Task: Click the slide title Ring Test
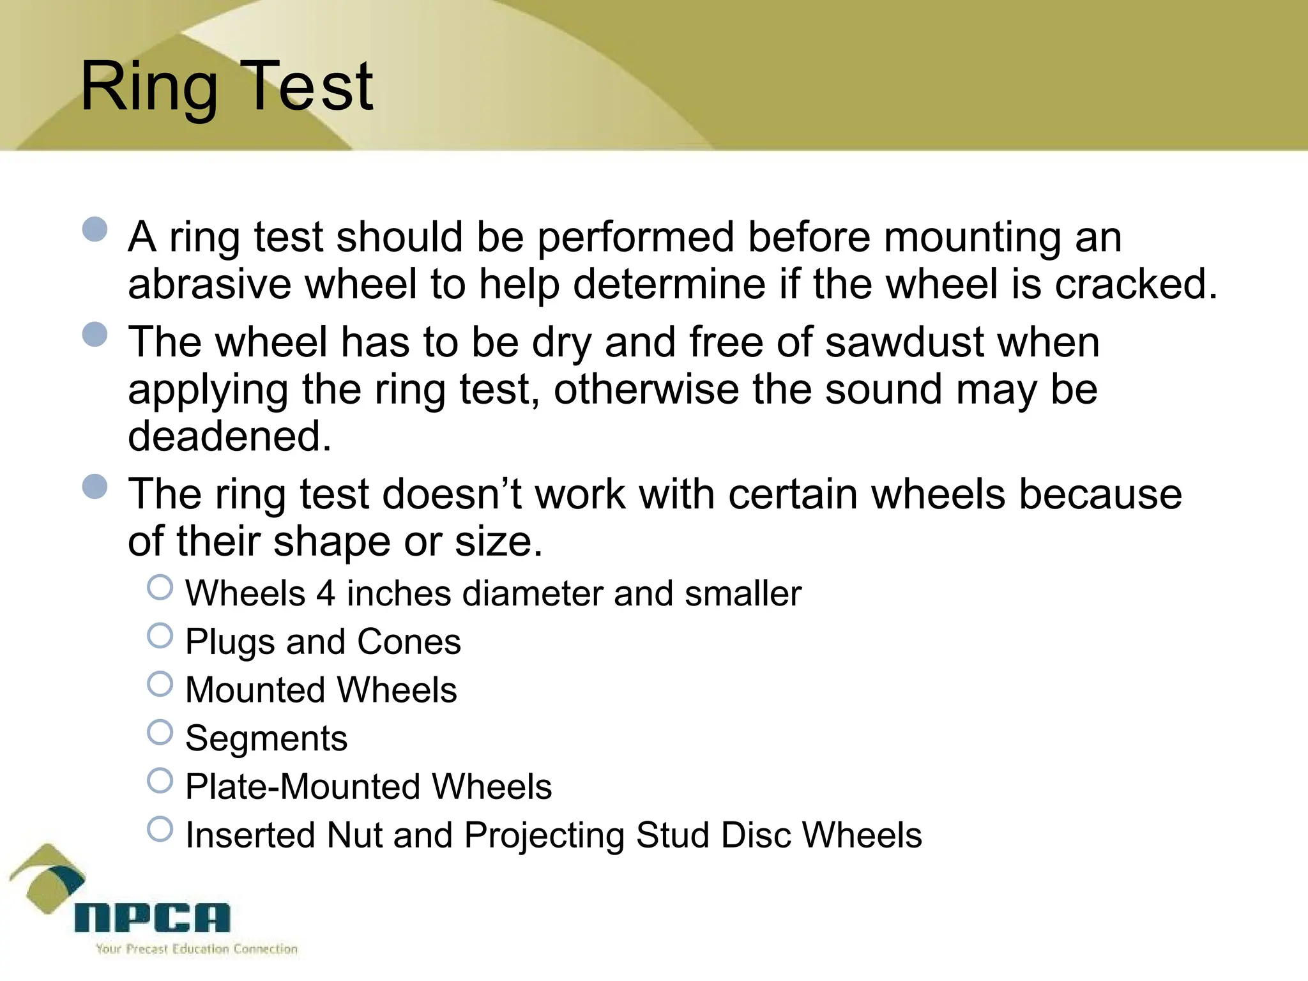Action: pyautogui.click(x=226, y=86)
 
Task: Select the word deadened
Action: pyautogui.click(x=229, y=436)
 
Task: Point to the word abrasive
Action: pyautogui.click(x=209, y=284)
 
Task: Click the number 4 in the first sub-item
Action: pyautogui.click(x=326, y=593)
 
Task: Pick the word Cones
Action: pyautogui.click(x=409, y=642)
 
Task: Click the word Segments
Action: pyautogui.click(x=266, y=739)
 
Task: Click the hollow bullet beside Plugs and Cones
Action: pyautogui.click(x=160, y=636)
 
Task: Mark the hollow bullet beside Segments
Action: pyautogui.click(x=160, y=733)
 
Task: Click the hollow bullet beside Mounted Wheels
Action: pyautogui.click(x=160, y=684)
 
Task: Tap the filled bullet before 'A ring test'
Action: pyautogui.click(x=95, y=229)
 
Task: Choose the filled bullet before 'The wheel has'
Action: pyautogui.click(x=95, y=334)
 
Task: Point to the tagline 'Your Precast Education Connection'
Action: pyautogui.click(x=197, y=949)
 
